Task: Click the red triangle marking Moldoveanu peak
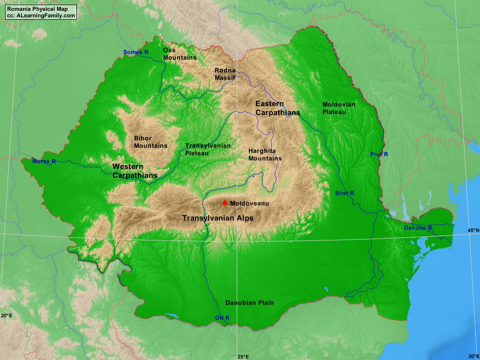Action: (x=225, y=202)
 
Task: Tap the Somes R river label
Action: (x=135, y=52)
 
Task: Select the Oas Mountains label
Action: (x=180, y=53)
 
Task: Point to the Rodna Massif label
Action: (x=225, y=74)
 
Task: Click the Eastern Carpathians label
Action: (x=277, y=108)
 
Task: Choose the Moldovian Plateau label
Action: (x=338, y=108)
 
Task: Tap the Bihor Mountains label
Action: (x=150, y=142)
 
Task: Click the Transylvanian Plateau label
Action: (x=208, y=149)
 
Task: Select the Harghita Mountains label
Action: (x=265, y=154)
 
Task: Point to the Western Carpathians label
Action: (x=135, y=171)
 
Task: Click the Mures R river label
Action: (x=44, y=161)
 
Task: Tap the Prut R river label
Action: (x=379, y=154)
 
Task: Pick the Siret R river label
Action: (x=345, y=193)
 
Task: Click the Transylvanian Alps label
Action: (x=217, y=218)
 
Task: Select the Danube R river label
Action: (x=418, y=228)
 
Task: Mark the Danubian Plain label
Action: (x=249, y=302)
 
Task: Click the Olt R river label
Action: (x=222, y=318)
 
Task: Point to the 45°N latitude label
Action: (x=472, y=230)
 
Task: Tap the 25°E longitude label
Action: (x=243, y=356)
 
